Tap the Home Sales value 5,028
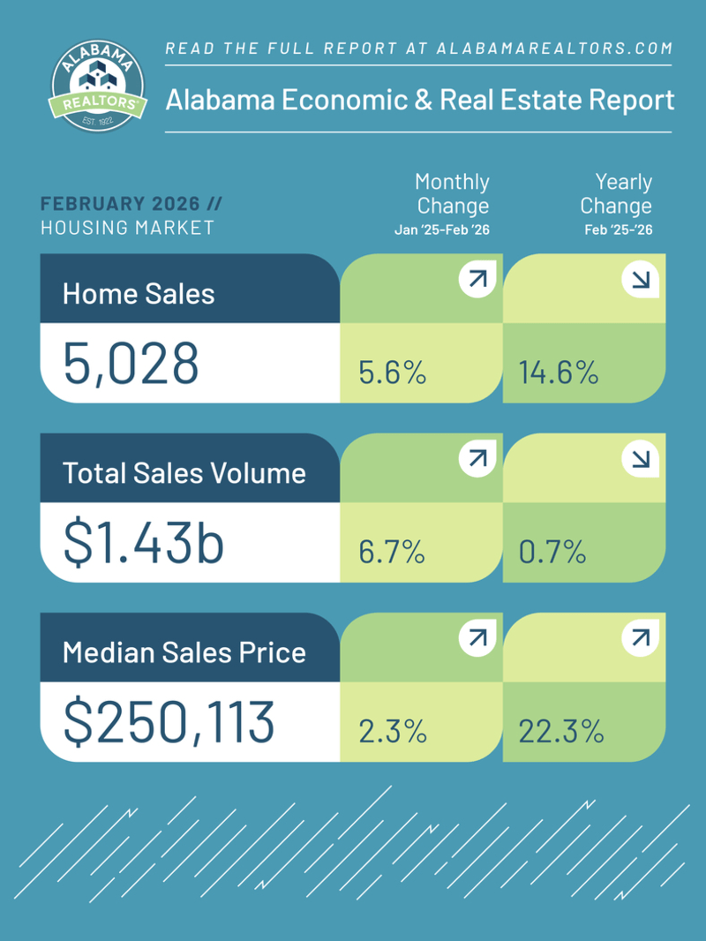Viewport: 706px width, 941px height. pos(131,364)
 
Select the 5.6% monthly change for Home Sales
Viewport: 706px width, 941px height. pos(393,373)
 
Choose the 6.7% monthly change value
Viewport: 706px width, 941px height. pos(393,553)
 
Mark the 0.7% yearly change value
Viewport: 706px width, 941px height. pos(552,553)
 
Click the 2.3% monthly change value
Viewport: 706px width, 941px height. pos(393,732)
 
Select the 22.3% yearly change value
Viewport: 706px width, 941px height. pos(561,732)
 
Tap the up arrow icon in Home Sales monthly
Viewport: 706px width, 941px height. pos(477,281)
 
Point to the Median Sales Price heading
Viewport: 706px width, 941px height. pos(184,653)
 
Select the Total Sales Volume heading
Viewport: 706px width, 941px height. pos(184,473)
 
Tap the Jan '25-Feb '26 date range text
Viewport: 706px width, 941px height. pos(441,230)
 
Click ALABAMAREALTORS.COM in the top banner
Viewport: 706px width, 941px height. pos(555,49)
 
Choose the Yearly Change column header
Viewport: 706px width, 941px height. pos(617,194)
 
